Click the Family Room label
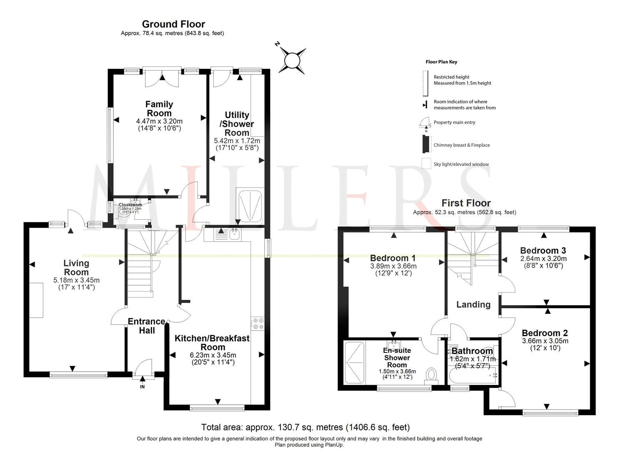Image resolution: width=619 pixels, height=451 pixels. pos(159,109)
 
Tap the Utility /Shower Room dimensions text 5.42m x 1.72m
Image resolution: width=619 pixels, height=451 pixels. pos(237,141)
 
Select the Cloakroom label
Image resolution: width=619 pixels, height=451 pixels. pos(130,205)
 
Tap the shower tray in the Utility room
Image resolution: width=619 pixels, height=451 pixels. pos(250,205)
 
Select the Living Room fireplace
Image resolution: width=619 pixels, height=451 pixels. pos(36,300)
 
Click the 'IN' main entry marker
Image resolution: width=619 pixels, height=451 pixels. pos(142,387)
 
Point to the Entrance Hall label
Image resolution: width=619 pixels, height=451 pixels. pos(147,326)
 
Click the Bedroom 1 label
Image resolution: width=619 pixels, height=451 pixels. pos(393,258)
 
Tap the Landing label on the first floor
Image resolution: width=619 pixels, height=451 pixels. pos(473,304)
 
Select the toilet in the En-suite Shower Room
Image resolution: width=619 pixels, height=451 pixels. pos(431,375)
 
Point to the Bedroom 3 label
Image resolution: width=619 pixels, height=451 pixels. pos(543,251)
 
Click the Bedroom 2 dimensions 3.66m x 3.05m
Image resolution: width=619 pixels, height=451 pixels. pos(545,341)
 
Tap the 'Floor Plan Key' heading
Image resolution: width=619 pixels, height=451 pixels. pos(441,62)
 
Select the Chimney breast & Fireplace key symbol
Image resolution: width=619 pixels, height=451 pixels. pos(426,145)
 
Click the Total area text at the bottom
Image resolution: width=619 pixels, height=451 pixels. pos(305,427)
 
